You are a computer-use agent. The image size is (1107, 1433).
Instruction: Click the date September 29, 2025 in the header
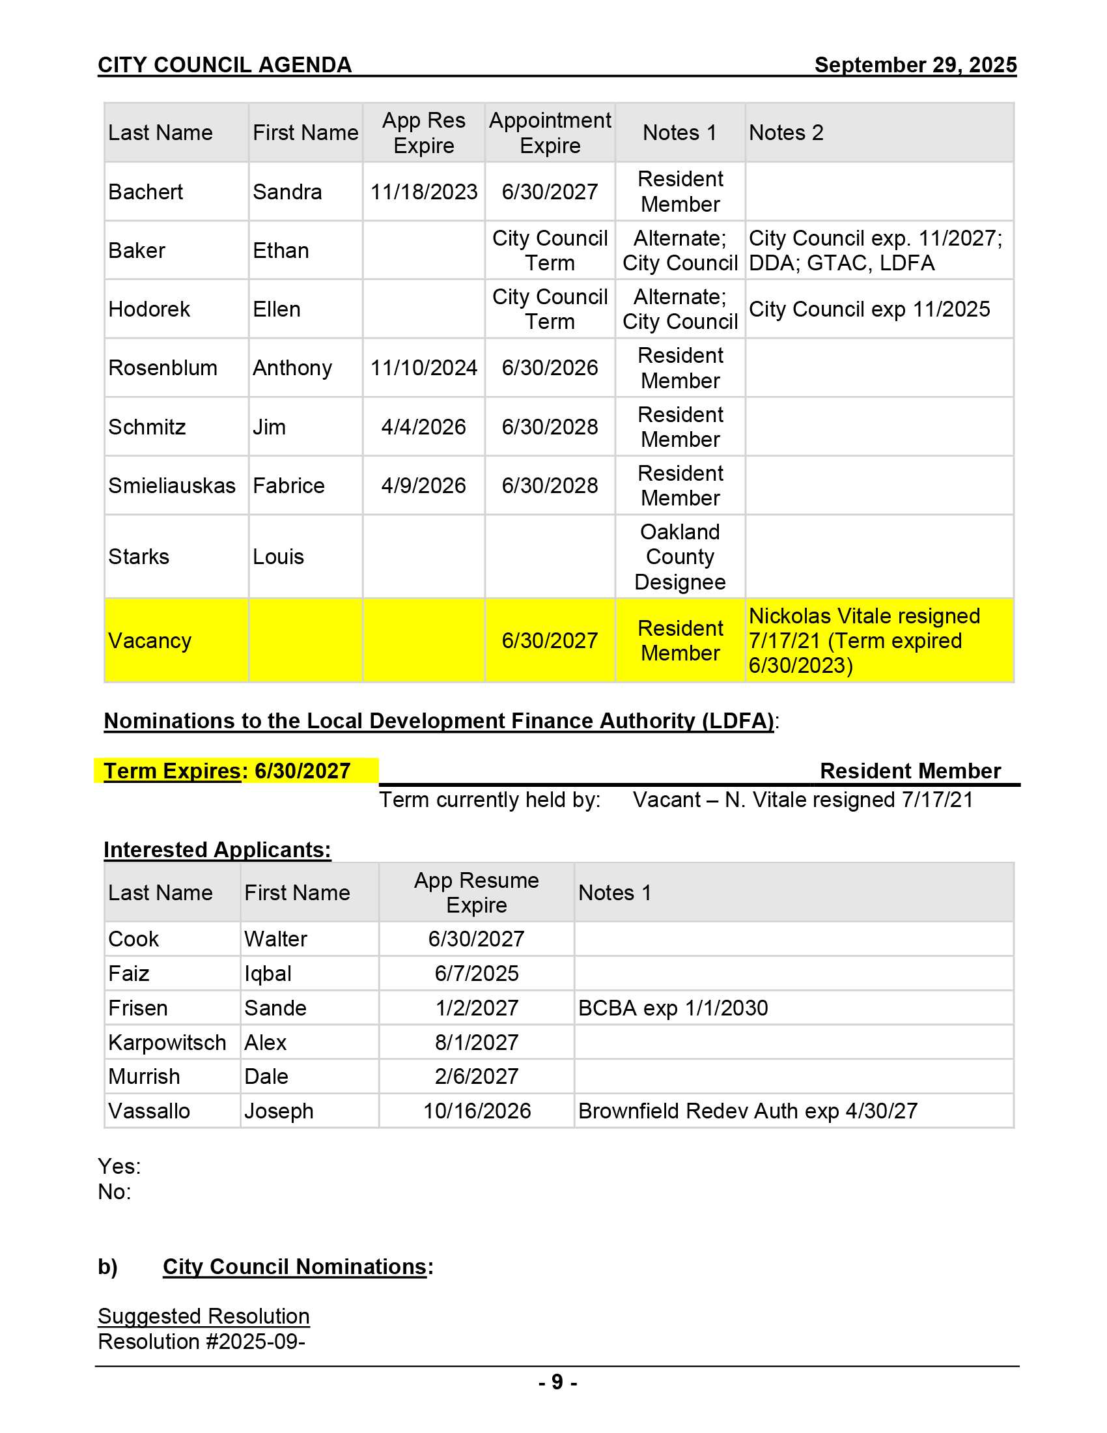click(915, 65)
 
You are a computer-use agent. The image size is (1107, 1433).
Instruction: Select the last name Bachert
click(146, 192)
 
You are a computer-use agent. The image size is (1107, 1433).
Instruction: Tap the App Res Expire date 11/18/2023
click(424, 192)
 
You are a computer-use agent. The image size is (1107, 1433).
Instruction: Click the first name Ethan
click(281, 251)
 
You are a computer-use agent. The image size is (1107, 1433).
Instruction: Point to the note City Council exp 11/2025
click(869, 309)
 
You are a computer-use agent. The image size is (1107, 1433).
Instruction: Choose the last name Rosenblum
click(163, 367)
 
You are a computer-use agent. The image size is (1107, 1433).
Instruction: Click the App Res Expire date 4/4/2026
click(424, 427)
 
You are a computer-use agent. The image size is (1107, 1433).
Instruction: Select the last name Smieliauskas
click(172, 485)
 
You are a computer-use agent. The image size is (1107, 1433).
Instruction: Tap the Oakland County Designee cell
click(680, 556)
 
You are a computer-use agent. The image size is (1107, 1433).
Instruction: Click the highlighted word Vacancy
click(150, 640)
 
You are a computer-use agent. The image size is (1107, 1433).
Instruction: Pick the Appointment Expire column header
click(550, 132)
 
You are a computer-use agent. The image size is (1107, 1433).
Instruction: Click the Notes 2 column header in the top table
click(786, 132)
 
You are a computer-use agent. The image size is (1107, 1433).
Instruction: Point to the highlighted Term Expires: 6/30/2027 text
click(227, 771)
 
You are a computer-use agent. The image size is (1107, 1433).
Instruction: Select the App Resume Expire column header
click(476, 892)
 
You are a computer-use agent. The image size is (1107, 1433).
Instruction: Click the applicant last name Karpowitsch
click(167, 1043)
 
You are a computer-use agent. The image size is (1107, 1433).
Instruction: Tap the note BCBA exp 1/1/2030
click(673, 1008)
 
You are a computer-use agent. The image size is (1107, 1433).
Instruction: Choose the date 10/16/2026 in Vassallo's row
click(477, 1111)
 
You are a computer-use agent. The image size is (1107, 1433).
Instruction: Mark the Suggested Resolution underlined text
click(203, 1316)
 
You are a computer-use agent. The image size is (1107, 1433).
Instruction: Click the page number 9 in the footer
click(557, 1382)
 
